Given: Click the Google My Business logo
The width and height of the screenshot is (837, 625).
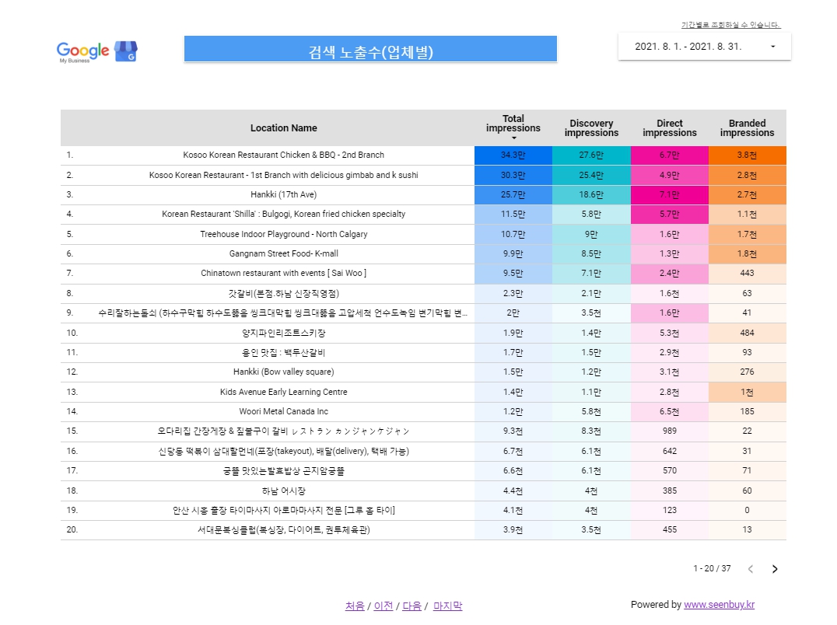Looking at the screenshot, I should coord(96,51).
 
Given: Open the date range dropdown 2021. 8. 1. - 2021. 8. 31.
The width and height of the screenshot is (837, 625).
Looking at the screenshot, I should coord(704,47).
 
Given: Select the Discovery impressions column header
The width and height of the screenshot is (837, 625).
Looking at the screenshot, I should coord(591,128).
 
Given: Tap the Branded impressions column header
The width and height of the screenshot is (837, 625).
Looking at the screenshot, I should coord(747,128).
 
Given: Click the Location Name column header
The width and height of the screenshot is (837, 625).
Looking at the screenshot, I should coord(283,128).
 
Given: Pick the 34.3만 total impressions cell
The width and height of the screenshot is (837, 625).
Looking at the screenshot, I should coord(513,155).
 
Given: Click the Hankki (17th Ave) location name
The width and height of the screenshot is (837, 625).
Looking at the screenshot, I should coord(283,194).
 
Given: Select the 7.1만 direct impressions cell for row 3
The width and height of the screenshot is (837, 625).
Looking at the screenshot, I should coord(669,194).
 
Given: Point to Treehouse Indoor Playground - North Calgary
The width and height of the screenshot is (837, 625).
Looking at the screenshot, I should coord(283,234).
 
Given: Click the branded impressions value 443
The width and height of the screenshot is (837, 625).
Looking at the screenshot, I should coord(747,274).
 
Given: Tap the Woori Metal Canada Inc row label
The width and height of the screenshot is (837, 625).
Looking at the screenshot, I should coord(283,412).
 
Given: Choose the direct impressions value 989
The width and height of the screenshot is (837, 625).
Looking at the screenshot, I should coord(669,431).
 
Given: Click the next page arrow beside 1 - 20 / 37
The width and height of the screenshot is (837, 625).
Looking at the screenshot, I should coord(774,569).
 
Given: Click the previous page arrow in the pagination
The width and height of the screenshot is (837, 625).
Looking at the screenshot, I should coord(751,569).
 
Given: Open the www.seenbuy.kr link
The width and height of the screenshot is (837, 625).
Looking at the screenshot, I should coord(719,605).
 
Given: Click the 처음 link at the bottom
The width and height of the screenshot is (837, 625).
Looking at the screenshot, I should coord(355,606).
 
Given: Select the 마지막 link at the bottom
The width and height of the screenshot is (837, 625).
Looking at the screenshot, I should coord(447,606).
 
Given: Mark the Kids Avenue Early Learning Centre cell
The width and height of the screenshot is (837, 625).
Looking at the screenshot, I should coord(283,393).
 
